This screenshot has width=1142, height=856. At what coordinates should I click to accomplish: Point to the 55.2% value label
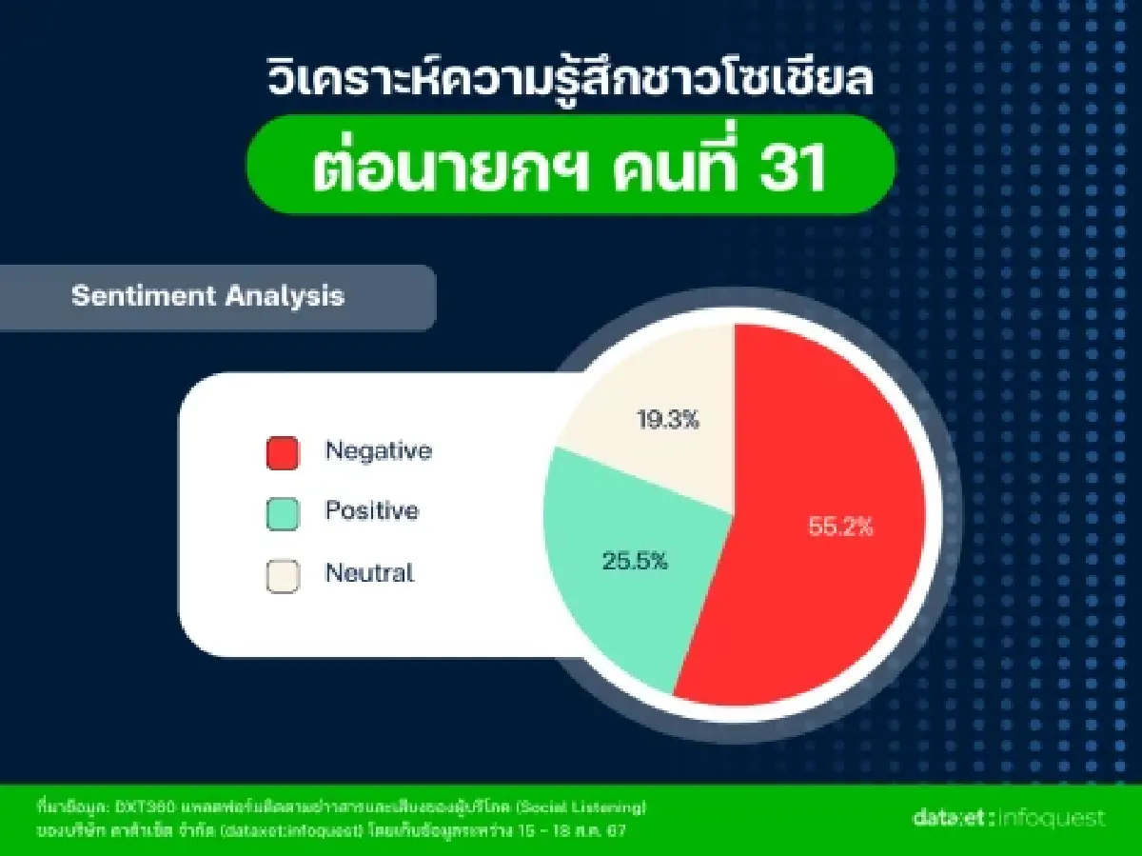(x=840, y=527)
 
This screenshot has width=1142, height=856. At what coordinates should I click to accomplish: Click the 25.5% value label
(x=635, y=561)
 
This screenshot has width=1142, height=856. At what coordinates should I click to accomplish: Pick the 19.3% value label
(x=666, y=419)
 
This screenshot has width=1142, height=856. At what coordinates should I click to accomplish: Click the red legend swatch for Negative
(x=283, y=452)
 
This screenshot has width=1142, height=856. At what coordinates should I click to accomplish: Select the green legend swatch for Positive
(x=283, y=513)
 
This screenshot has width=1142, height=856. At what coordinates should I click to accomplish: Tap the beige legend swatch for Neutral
(x=283, y=575)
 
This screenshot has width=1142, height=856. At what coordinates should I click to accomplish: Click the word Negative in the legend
(x=378, y=450)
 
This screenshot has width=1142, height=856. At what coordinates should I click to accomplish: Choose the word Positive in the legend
(x=371, y=511)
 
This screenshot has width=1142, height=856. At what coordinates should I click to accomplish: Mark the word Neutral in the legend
(x=369, y=573)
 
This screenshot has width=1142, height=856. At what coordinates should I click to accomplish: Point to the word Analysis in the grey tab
(x=285, y=296)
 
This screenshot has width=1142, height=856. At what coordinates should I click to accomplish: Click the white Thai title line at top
(x=570, y=81)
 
